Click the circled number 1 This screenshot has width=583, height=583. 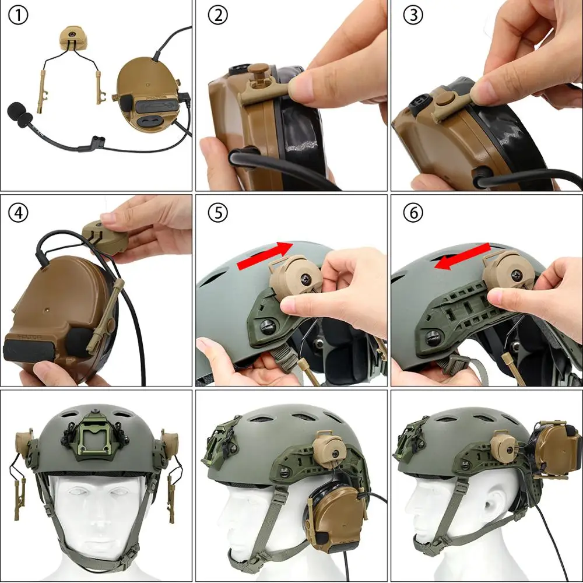pyautogui.click(x=19, y=16)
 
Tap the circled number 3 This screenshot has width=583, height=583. pyautogui.click(x=413, y=16)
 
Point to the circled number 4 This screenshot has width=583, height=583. pyautogui.click(x=19, y=213)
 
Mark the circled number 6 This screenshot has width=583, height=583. pyautogui.click(x=413, y=213)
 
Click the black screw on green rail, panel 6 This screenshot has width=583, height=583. pyautogui.click(x=433, y=336)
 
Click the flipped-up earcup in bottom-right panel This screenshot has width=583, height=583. pyautogui.click(x=554, y=452)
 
